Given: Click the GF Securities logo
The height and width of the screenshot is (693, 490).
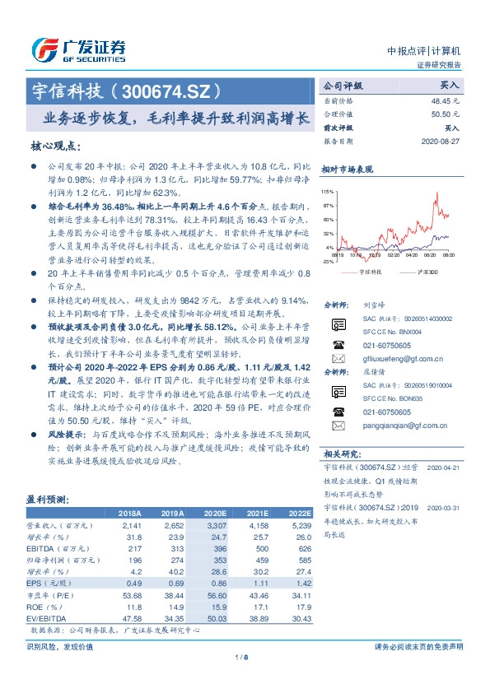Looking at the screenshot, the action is coord(78,49).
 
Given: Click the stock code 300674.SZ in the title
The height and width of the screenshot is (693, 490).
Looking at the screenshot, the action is coord(174,88).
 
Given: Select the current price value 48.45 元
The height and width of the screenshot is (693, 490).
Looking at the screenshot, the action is coord(446,99).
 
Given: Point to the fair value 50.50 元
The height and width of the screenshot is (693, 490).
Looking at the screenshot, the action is coord(446,114).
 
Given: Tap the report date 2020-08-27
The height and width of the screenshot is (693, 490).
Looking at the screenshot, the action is coord(440,141).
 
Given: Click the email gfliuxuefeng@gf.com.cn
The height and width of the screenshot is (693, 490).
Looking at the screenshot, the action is coord(404,359).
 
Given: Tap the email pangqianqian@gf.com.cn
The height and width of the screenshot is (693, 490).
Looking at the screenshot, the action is coord(404,426).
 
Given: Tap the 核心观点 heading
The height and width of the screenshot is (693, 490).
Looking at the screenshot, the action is coord(55,146).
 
